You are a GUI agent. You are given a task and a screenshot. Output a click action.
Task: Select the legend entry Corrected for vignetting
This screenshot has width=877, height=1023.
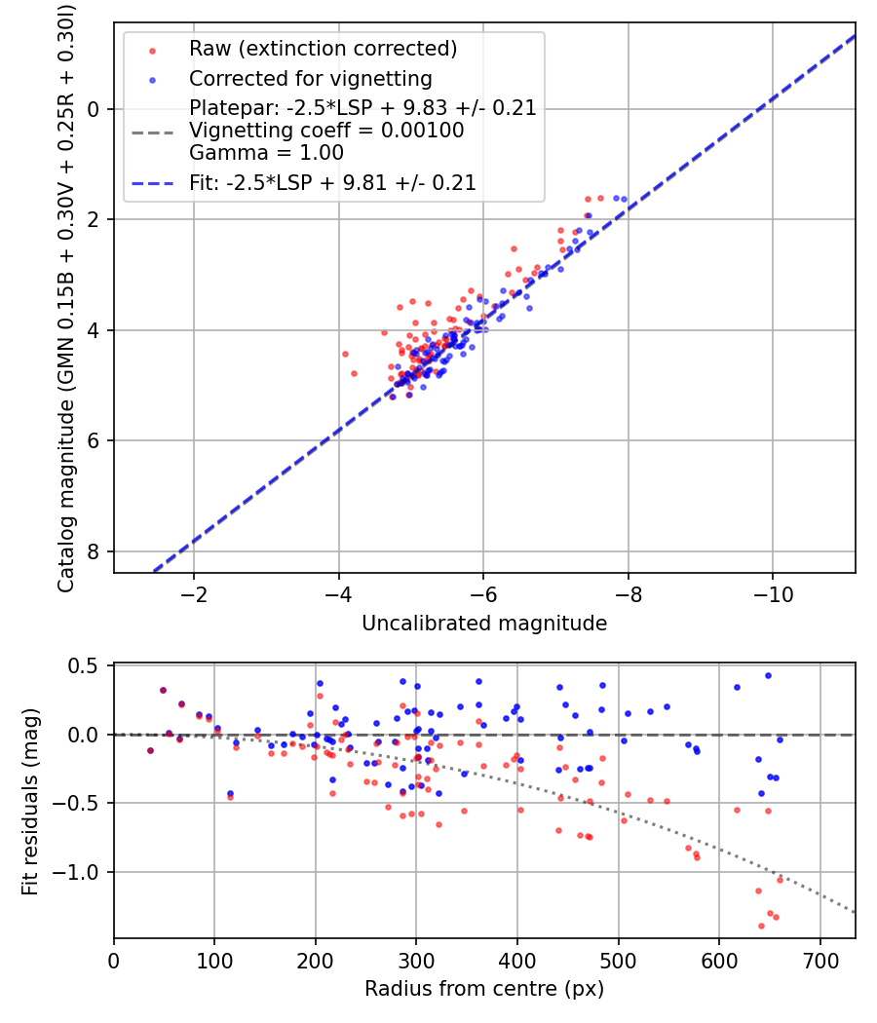coord(310,78)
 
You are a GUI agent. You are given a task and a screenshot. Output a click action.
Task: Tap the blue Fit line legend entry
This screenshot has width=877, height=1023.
coord(332,182)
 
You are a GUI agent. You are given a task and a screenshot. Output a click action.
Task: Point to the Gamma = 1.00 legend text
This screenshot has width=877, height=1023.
coord(266,152)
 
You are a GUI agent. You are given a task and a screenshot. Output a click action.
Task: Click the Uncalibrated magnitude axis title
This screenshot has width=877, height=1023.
coord(484,624)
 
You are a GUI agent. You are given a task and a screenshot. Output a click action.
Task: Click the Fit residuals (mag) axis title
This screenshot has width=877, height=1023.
coord(30,802)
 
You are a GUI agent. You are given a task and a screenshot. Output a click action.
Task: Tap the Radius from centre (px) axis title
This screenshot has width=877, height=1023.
coord(484,989)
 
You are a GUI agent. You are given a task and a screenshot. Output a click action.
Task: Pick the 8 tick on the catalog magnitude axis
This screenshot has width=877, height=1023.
coord(94,551)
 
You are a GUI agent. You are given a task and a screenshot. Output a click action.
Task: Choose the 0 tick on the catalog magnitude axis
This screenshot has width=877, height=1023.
coord(94,109)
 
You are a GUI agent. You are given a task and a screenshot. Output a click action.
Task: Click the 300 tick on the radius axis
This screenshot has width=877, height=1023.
coord(416,962)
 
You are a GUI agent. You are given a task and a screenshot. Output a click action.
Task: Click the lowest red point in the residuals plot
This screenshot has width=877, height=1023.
coord(761,926)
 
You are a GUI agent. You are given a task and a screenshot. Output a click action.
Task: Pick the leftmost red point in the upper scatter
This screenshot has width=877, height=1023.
coord(345,354)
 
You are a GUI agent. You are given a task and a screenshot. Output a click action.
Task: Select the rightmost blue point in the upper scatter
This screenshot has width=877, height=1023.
coord(624,199)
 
